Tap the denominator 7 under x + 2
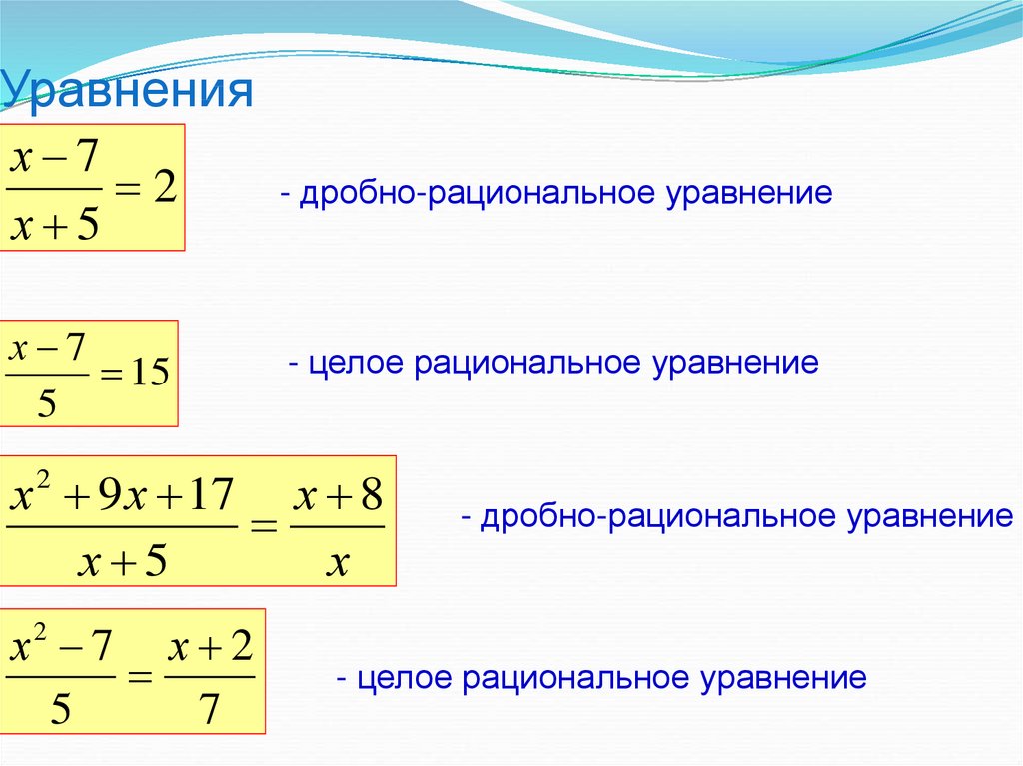pyautogui.click(x=209, y=710)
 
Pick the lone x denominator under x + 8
pyautogui.click(x=338, y=565)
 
